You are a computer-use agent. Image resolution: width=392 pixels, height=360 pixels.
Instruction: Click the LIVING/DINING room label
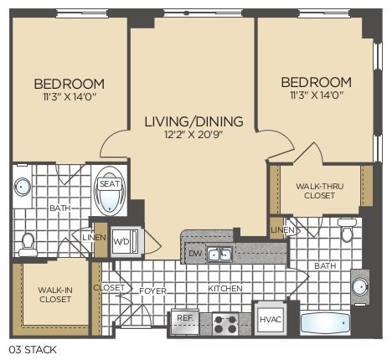pyautogui.click(x=193, y=122)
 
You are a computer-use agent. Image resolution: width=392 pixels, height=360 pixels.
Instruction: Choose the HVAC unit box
pyautogui.click(x=269, y=318)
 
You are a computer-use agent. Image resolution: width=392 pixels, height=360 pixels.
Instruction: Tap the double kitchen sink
pyautogui.click(x=220, y=254)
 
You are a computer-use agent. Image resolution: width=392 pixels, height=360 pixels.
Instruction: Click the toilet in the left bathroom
pyautogui.click(x=27, y=243)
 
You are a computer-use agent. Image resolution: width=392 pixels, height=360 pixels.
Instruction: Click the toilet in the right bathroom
pyautogui.click(x=347, y=228)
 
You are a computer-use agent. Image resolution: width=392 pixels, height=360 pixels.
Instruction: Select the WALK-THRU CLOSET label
pyautogui.click(x=315, y=190)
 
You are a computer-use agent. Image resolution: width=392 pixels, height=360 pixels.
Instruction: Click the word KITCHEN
pyautogui.click(x=225, y=289)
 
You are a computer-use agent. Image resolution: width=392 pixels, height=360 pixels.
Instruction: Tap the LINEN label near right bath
pyautogui.click(x=282, y=229)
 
